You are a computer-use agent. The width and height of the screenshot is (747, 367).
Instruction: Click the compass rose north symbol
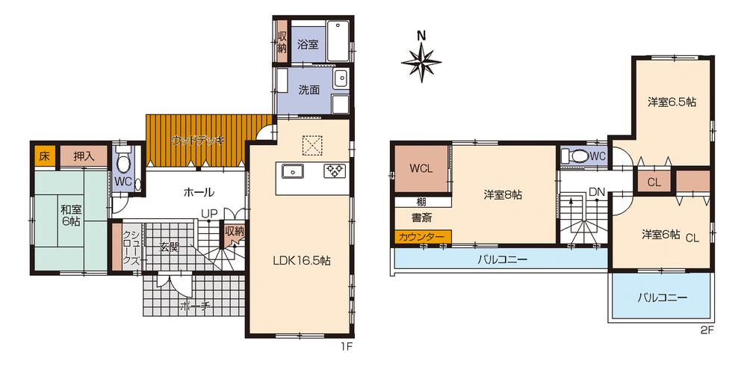421,61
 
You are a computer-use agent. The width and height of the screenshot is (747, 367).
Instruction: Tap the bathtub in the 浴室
338,41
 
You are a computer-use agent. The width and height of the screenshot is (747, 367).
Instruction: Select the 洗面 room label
309,90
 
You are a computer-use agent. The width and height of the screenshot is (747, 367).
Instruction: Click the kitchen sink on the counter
293,170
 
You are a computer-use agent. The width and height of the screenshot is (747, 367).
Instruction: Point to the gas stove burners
335,170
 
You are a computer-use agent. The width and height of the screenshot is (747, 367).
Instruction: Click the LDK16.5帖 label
302,260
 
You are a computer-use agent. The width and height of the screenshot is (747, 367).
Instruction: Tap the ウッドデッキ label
198,141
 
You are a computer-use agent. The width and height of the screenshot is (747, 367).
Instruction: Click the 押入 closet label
84,156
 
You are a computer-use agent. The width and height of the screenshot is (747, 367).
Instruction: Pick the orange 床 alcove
44,156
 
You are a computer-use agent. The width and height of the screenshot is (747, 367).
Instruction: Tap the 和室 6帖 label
70,215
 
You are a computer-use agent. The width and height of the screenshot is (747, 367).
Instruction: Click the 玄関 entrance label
169,247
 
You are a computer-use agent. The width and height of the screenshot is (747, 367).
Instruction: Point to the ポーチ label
195,307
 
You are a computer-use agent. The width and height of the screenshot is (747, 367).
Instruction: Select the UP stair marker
208,215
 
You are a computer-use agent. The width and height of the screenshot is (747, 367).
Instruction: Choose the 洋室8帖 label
503,194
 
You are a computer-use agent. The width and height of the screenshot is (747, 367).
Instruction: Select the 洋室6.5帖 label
672,102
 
